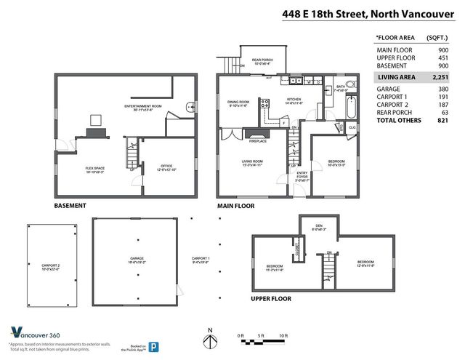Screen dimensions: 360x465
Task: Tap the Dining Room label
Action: pyautogui.click(x=238, y=103)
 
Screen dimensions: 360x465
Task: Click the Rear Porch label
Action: pyautogui.click(x=262, y=61)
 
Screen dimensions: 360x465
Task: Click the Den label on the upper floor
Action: pyautogui.click(x=318, y=226)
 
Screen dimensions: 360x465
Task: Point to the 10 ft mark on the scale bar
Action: pyautogui.click(x=283, y=336)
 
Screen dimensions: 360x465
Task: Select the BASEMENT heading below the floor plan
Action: pyautogui.click(x=70, y=206)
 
